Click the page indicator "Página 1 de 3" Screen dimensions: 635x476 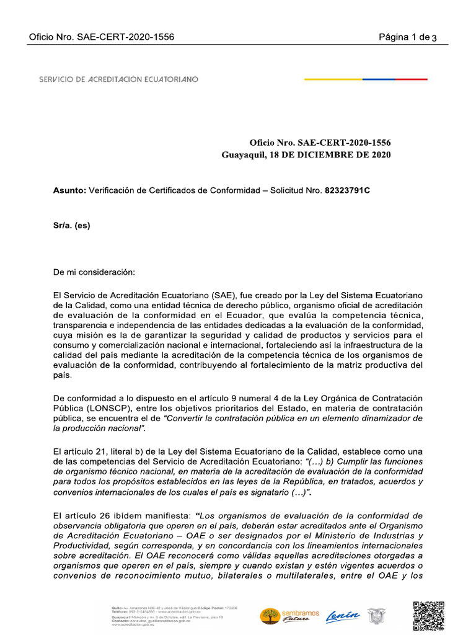pos(408,37)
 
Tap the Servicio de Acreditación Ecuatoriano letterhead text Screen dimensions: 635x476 pos(118,79)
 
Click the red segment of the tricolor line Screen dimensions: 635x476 pos(411,79)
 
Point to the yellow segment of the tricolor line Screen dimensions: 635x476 pos(333,79)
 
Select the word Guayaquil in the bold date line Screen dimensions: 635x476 pos(242,155)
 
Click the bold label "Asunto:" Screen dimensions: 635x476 pos(70,190)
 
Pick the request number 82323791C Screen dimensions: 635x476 pos(348,190)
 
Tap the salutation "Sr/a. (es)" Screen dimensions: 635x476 pos(71,226)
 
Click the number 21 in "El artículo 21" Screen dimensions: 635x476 pos(97,451)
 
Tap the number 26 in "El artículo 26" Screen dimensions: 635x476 pos(97,515)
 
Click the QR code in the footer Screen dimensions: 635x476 pos(428,615)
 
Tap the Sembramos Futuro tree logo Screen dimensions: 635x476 pos(269,616)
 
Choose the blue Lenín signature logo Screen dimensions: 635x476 pos(343,615)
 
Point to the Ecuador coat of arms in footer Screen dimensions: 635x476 pos(375,616)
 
